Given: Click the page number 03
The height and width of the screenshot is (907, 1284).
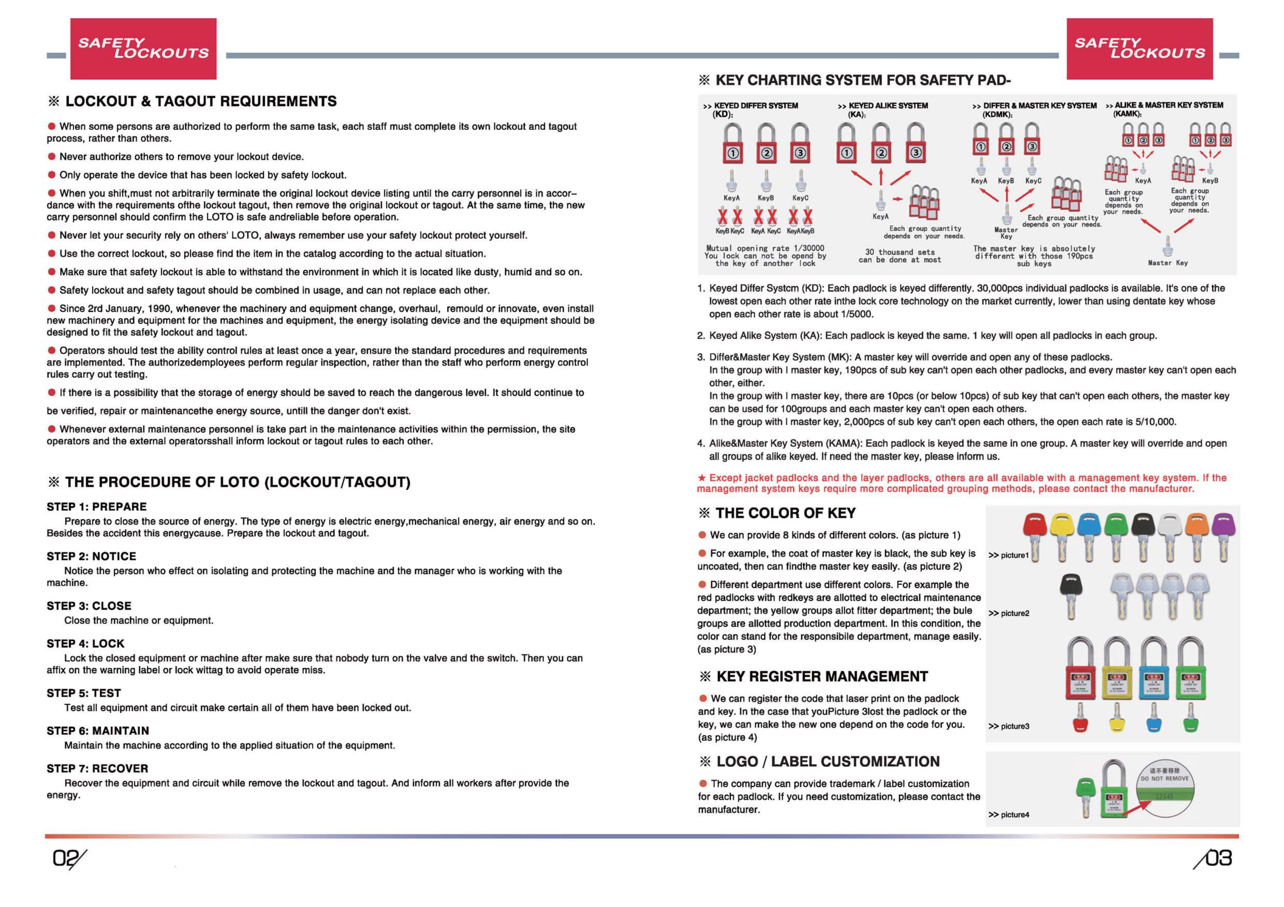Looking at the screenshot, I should click(1215, 859).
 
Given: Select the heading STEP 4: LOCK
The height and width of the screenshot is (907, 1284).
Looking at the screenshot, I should click(86, 644).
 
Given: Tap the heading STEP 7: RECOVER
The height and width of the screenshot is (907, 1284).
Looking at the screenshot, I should click(98, 769).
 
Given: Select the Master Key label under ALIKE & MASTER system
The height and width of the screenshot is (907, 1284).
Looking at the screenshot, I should click(1168, 263).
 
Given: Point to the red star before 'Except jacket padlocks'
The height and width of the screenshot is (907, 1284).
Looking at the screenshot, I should click(702, 478).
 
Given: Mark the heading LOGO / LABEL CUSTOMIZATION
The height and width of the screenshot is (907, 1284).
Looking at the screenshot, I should click(828, 762).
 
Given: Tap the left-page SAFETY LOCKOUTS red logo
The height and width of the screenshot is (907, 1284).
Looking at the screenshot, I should click(143, 48).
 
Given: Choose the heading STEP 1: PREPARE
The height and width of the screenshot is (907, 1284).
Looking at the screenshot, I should click(97, 507).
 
